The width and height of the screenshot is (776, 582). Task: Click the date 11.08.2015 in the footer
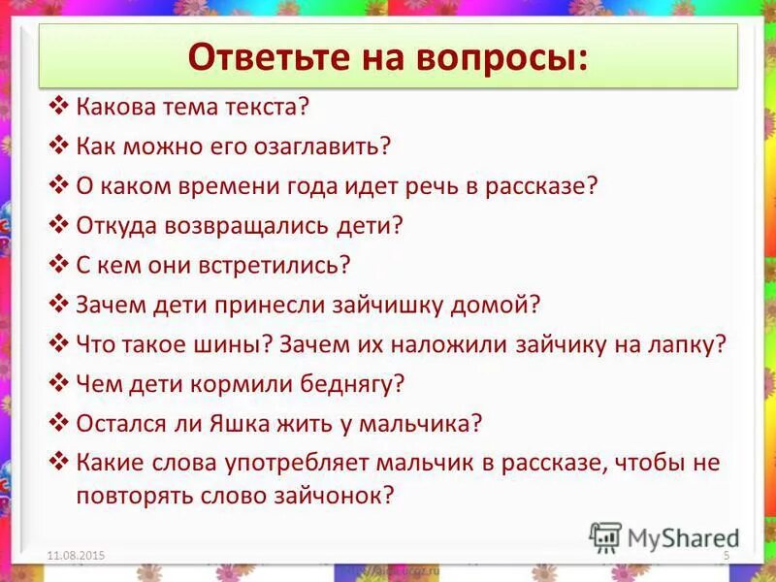coord(75,554)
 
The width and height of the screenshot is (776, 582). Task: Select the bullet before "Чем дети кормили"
coord(59,383)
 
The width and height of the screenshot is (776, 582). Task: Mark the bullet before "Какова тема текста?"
coord(59,107)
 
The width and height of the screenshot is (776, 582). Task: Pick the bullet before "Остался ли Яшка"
coord(59,423)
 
